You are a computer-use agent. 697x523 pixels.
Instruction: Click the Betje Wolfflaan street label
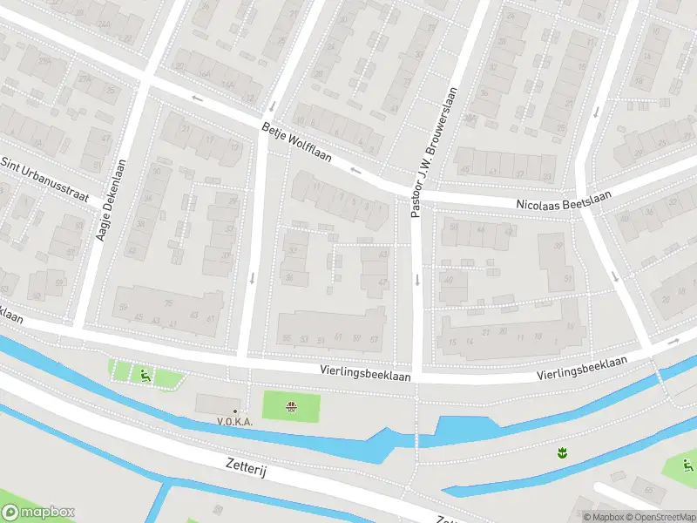[x=297, y=142]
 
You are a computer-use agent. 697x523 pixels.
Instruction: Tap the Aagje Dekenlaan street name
[x=111, y=200]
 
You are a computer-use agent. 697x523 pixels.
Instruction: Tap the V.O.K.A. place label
[x=234, y=421]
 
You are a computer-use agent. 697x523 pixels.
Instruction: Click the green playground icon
[x=145, y=376]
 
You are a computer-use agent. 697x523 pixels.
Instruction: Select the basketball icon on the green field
[x=292, y=406]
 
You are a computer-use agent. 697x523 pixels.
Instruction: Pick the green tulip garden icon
[x=562, y=452]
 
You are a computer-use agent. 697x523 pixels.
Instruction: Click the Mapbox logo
[x=37, y=513]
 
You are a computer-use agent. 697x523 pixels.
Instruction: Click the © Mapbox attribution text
[x=603, y=517]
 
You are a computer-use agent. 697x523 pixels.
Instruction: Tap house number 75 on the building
[x=169, y=303]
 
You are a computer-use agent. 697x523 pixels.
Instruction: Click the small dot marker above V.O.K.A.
[x=234, y=411]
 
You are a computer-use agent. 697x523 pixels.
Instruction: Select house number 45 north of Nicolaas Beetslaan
[x=464, y=170]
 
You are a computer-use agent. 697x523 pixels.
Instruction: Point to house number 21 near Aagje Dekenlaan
[x=186, y=128]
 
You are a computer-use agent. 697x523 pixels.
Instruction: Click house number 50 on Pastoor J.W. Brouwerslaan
[x=453, y=228]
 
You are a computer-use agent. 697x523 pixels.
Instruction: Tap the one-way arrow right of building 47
[x=417, y=280]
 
